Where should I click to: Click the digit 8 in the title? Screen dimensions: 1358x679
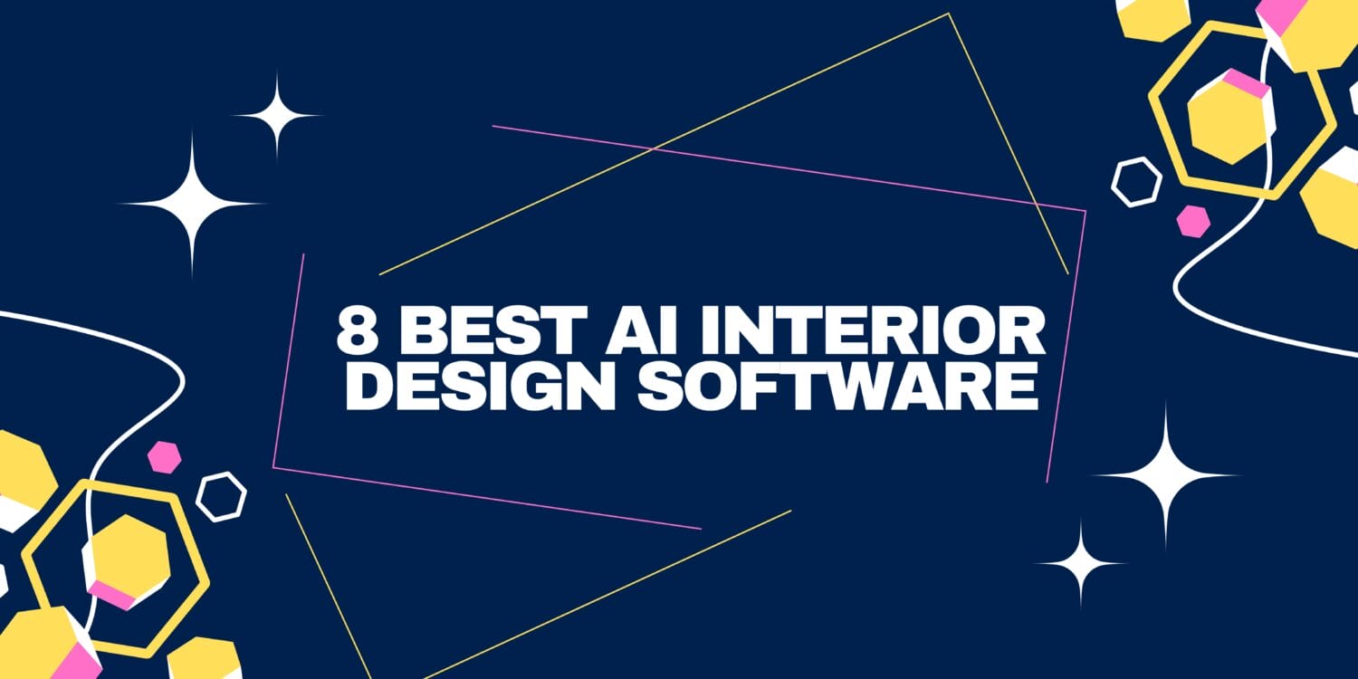point(357,330)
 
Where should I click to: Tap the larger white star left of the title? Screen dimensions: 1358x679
point(193,205)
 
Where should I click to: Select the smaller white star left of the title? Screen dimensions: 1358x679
point(277,115)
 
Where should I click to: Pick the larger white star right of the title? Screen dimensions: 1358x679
point(1165,475)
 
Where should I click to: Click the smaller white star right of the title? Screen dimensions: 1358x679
point(1080,564)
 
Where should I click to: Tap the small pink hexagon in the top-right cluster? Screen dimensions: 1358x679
point(1193,221)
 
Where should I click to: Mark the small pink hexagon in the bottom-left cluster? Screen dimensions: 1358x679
point(164,457)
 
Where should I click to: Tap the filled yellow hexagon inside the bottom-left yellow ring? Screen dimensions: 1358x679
point(127,558)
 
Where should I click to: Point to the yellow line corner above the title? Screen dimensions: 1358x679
point(948,14)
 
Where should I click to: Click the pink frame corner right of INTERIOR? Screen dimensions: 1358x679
point(1085,212)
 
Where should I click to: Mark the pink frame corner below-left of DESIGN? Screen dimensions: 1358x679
point(273,467)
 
